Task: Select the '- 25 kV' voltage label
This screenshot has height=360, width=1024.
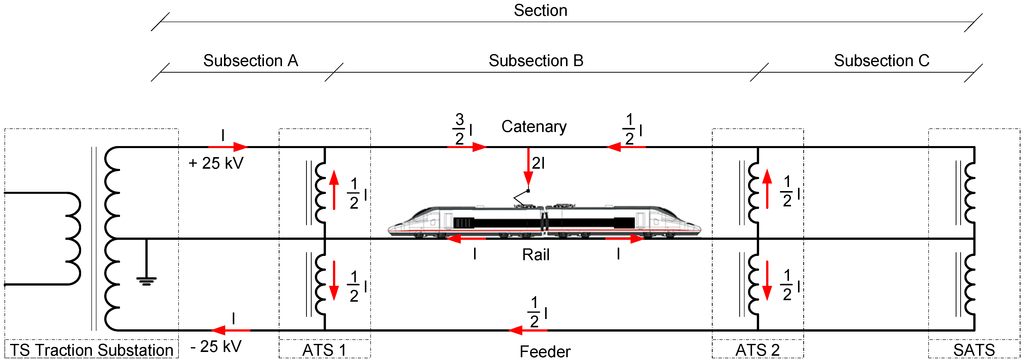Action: point(214,347)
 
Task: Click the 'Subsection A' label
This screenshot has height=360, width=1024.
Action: point(250,60)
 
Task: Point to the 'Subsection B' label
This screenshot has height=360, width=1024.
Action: point(536,60)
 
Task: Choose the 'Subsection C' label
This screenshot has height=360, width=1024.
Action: point(881,60)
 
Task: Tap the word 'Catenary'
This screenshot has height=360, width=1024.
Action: point(534,127)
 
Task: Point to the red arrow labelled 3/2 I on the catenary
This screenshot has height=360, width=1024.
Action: point(468,146)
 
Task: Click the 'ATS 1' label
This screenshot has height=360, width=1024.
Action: point(324,349)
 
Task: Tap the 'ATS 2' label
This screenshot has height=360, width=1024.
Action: point(757,349)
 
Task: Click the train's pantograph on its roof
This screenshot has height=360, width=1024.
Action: point(524,197)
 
